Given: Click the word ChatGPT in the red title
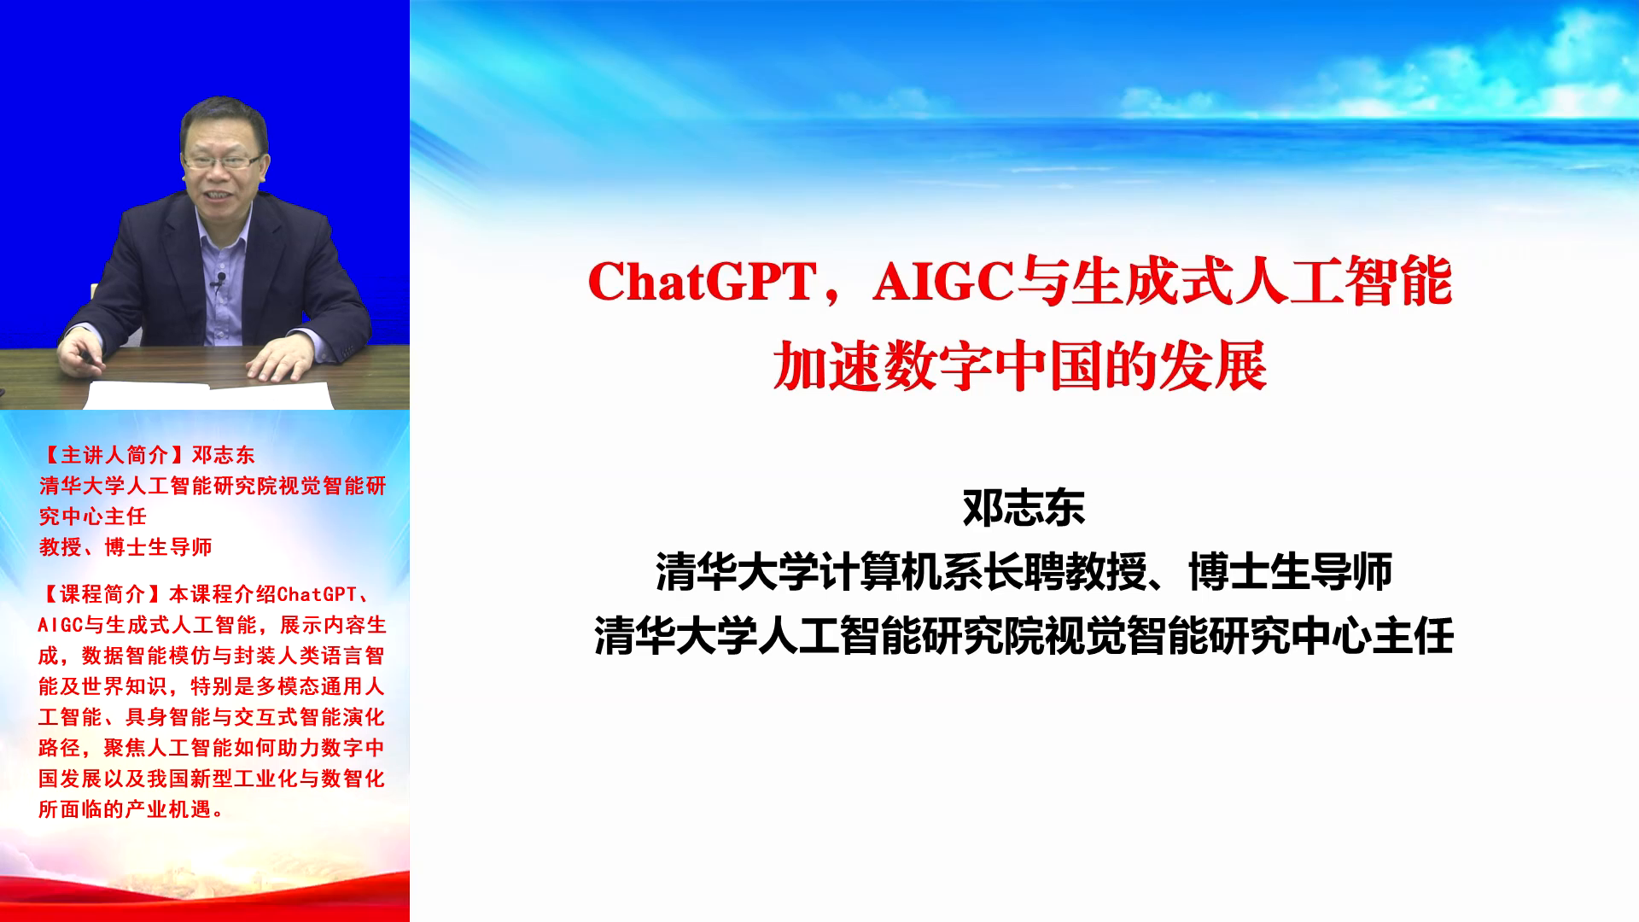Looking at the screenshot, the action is [703, 282].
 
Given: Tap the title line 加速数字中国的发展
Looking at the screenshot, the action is [1019, 366].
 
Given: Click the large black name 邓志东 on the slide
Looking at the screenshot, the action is [1024, 508].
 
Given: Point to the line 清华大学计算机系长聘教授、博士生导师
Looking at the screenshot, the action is [1024, 572].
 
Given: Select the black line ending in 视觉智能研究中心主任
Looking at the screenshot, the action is [1024, 636].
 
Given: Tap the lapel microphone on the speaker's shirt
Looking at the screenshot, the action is [220, 278].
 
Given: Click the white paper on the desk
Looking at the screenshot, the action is [209, 395].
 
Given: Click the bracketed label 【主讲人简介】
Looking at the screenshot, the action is [114, 455].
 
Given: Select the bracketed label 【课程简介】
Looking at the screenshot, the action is [103, 594].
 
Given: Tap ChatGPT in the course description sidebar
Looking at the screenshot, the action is [317, 594].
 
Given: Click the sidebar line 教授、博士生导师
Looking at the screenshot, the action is [125, 547].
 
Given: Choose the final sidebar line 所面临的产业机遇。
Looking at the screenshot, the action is [131, 809].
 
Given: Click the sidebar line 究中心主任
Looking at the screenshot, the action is [92, 516].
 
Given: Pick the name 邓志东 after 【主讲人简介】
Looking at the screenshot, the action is [223, 455].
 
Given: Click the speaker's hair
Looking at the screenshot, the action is [224, 120].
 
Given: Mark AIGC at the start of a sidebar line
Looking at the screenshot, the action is [60, 625].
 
